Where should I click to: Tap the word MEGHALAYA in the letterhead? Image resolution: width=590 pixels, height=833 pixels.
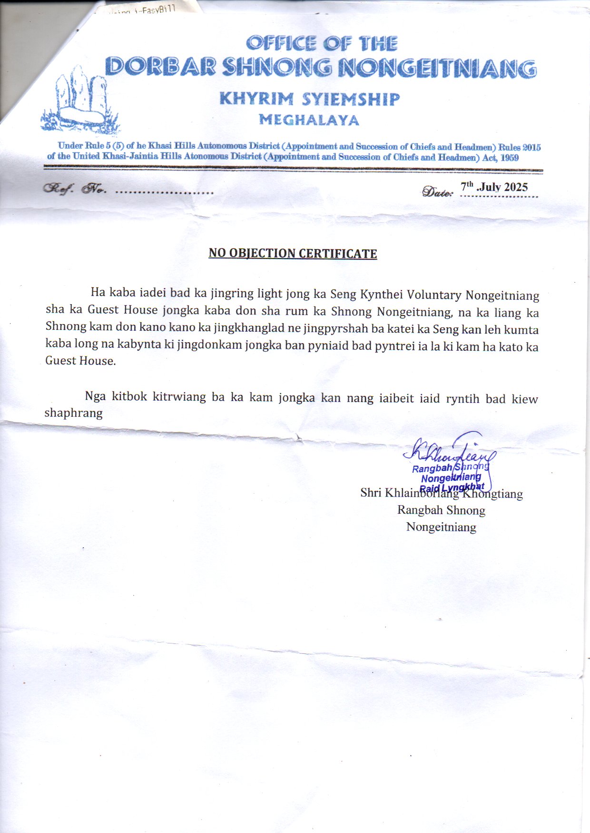point(309,120)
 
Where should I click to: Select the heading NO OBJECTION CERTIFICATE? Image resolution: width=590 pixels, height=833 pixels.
point(293,253)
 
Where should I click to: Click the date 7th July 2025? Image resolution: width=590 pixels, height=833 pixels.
point(494,187)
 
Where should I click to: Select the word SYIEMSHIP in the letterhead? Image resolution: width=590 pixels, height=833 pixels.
point(351,99)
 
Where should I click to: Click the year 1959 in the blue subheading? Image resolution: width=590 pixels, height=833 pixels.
point(509,158)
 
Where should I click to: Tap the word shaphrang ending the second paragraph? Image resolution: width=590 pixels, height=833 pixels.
point(73,413)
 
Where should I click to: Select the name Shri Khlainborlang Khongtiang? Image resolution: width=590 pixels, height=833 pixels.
point(441,493)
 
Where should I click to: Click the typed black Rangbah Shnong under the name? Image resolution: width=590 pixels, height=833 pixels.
point(441,510)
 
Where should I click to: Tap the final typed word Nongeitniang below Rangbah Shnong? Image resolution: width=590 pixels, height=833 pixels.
point(441,527)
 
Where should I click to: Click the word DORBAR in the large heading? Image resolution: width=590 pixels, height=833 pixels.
point(160,67)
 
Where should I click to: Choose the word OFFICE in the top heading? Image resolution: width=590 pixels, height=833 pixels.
point(281,44)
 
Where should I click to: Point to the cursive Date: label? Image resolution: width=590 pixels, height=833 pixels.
point(437,191)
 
